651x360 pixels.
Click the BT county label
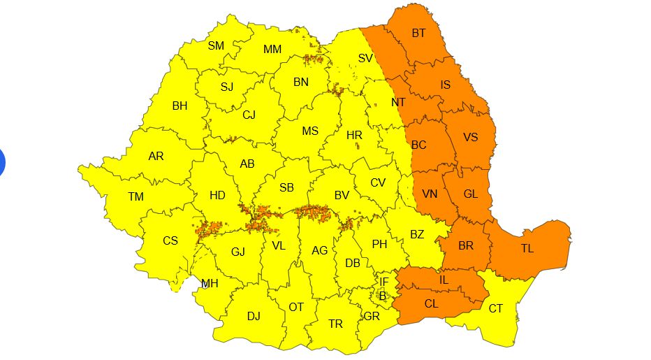(x=418, y=33)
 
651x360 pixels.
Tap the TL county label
(x=527, y=248)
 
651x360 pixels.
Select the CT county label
(x=495, y=308)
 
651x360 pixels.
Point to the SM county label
(x=216, y=46)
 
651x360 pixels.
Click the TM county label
(x=136, y=197)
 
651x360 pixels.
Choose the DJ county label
(x=254, y=316)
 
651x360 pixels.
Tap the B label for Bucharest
(x=382, y=295)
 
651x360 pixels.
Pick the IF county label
(x=383, y=282)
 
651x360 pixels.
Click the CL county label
(x=431, y=304)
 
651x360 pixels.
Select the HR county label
(x=354, y=135)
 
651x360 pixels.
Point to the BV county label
(x=341, y=196)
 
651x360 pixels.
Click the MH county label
(x=210, y=283)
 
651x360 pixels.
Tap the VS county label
(x=470, y=138)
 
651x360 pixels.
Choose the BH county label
(x=180, y=106)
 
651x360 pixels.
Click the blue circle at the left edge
(x=2, y=161)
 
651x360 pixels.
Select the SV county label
(x=365, y=59)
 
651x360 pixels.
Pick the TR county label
(x=336, y=324)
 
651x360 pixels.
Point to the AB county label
(x=247, y=164)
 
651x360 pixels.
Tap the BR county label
(x=466, y=246)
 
